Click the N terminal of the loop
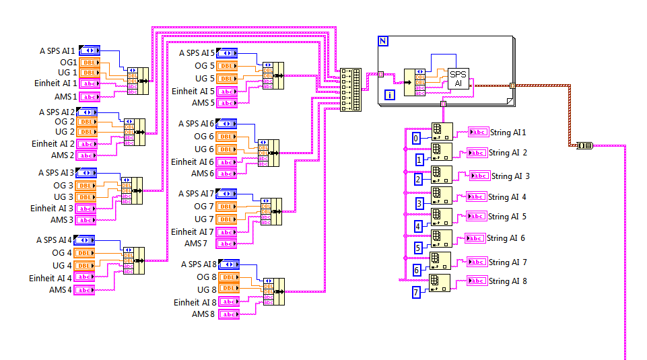pos(383,41)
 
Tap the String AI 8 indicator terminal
pos(477,281)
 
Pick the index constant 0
pos(417,138)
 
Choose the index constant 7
pos(417,292)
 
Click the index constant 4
pos(418,227)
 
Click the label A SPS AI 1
pos(57,50)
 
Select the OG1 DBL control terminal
pos(89,62)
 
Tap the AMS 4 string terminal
pos(85,290)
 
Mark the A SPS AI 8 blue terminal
pos(229,264)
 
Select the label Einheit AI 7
pos(193,231)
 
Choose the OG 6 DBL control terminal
pos(227,137)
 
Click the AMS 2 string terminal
pos(87,155)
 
